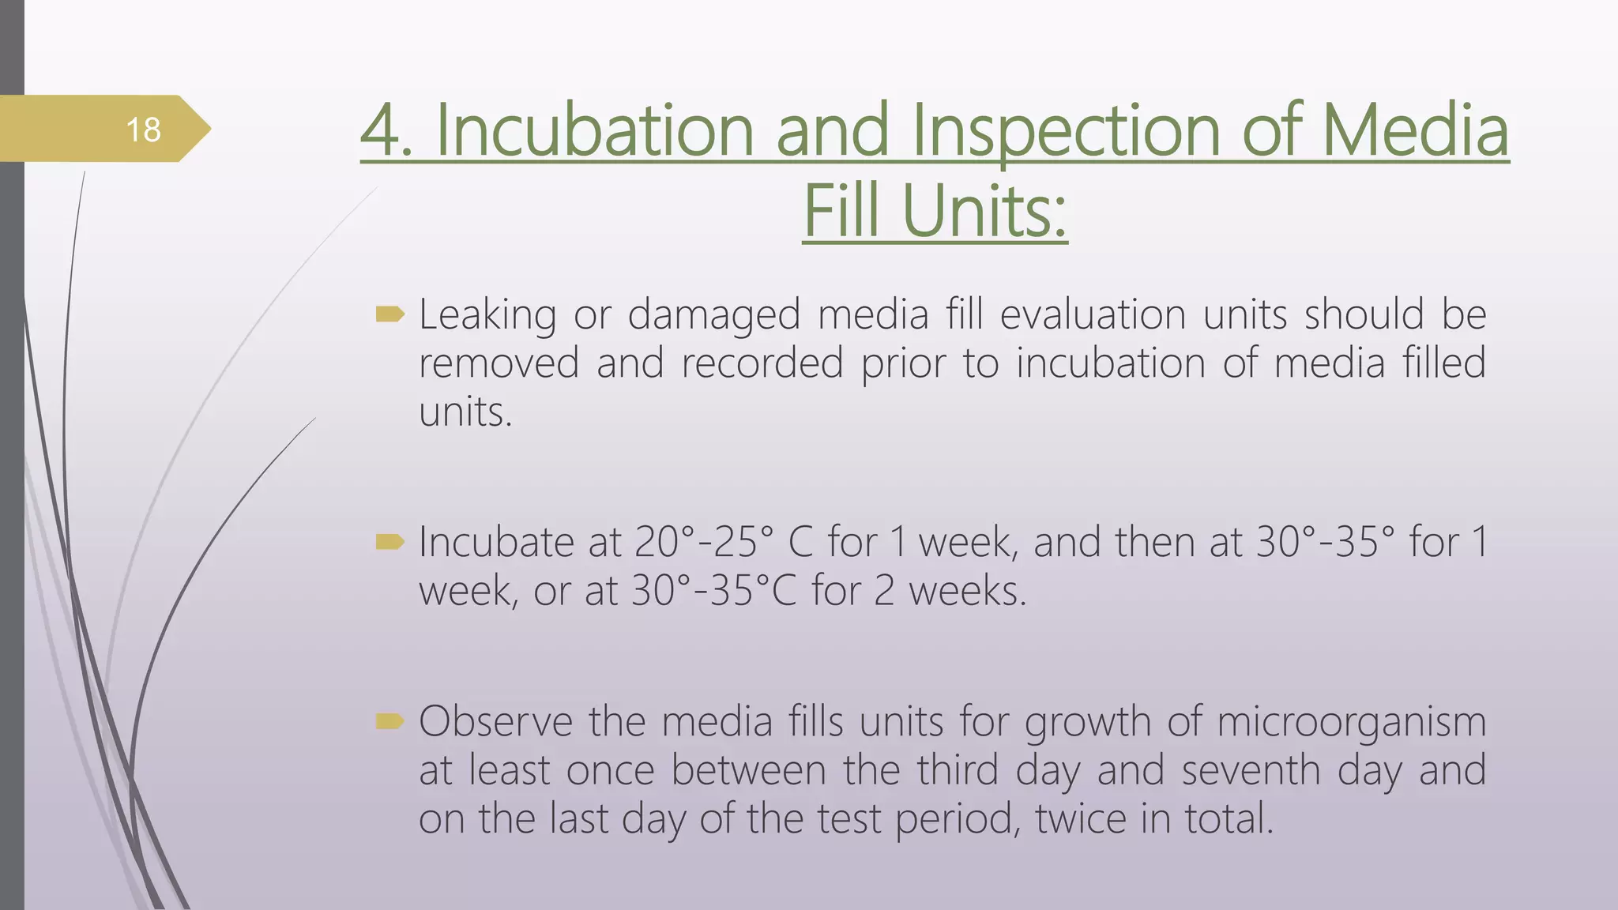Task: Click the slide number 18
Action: (x=143, y=130)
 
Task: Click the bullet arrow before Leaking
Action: (x=390, y=315)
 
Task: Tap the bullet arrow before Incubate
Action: (x=390, y=542)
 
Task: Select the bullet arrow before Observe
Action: (x=390, y=720)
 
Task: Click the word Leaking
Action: (x=487, y=314)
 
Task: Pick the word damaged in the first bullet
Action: (x=714, y=314)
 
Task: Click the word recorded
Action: (x=762, y=363)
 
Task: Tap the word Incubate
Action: (x=496, y=542)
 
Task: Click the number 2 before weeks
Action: (x=884, y=591)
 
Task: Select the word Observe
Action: (x=495, y=721)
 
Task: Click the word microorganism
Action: (x=1351, y=721)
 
